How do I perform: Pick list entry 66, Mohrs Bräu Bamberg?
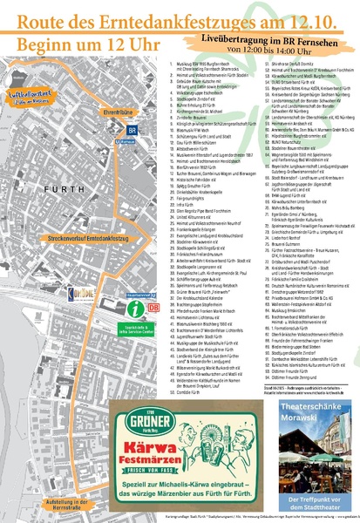pos(287,210)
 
